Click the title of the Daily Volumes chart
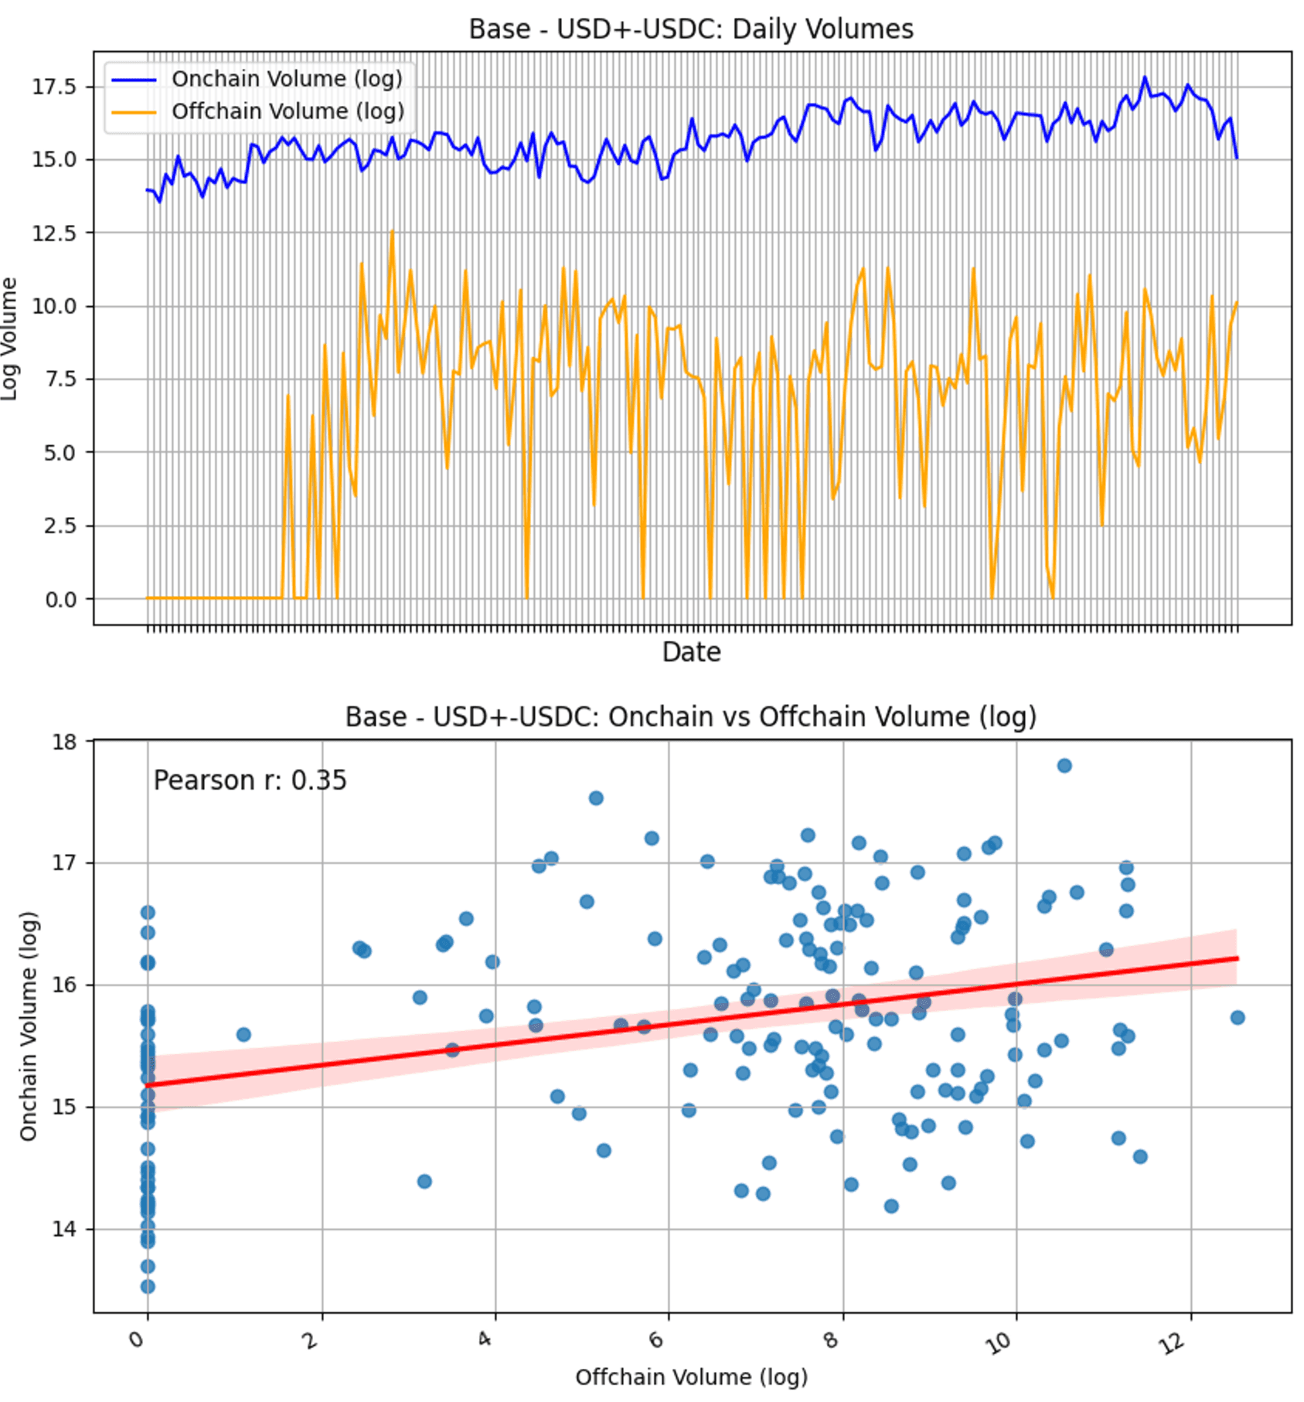(x=690, y=29)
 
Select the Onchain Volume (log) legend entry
(x=287, y=79)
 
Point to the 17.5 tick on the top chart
(x=55, y=87)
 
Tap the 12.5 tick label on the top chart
(x=55, y=233)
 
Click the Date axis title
(x=691, y=652)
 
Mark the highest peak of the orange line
(x=392, y=231)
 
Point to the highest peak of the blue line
(x=1145, y=77)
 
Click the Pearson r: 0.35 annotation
(x=250, y=781)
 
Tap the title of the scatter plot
(x=690, y=717)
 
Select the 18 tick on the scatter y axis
(x=65, y=743)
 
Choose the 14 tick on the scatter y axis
(x=65, y=1230)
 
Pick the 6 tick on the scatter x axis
(x=657, y=1340)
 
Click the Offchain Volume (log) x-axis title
(x=691, y=1377)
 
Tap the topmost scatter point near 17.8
(x=1064, y=766)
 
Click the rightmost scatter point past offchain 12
(x=1237, y=1018)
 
